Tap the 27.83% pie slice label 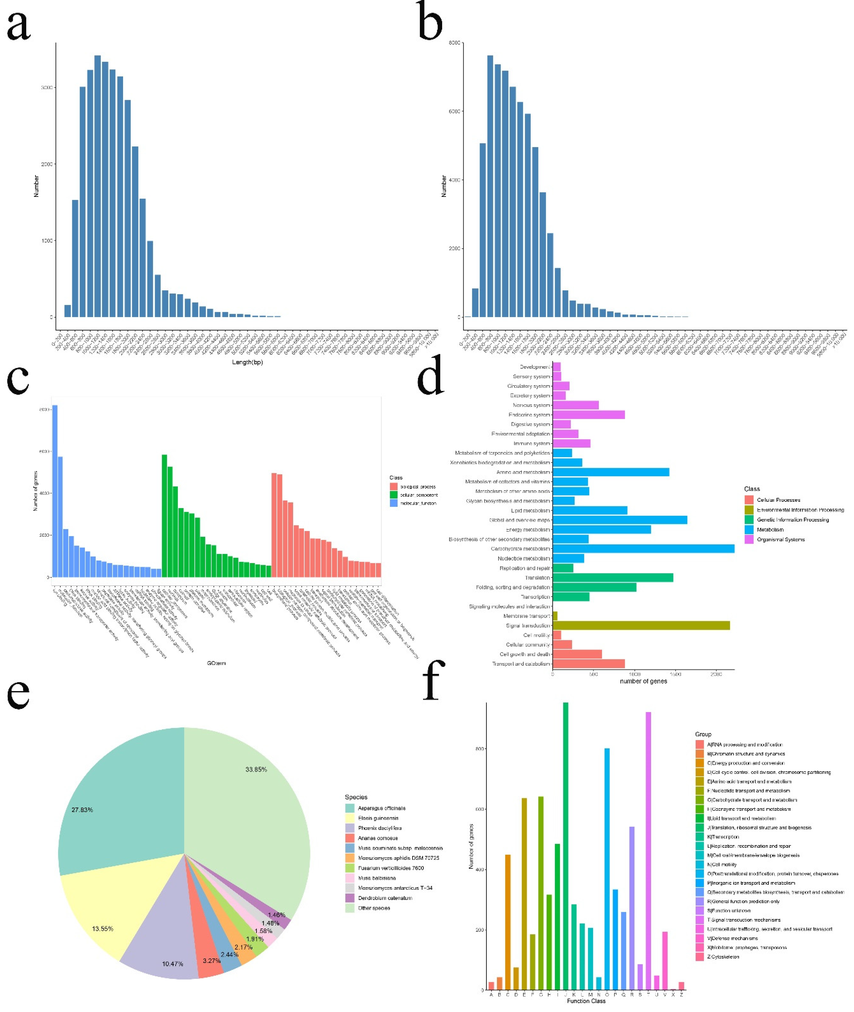click(82, 810)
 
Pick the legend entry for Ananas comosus click(378, 838)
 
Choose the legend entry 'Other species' click(374, 908)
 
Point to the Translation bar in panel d click(612, 578)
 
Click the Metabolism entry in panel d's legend click(770, 529)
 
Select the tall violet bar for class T click(648, 852)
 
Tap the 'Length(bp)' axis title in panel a click(247, 362)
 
